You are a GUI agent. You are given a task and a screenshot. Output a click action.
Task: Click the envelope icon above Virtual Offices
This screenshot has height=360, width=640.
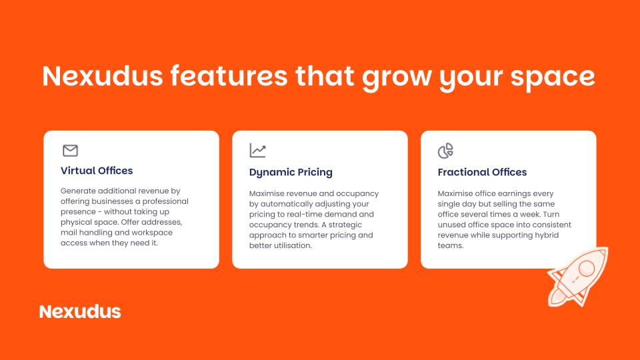[x=70, y=151]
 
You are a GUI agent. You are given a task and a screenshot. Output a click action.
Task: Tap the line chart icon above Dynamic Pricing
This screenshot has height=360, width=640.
[x=257, y=151]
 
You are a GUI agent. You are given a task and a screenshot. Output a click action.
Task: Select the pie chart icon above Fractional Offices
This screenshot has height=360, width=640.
[x=445, y=151]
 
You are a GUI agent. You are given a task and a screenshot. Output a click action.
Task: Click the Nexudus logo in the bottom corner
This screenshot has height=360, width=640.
[x=80, y=312]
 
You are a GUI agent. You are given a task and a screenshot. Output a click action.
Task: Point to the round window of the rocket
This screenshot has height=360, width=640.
[x=587, y=268]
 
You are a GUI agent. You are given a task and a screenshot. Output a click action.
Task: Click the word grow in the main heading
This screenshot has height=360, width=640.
[x=396, y=77]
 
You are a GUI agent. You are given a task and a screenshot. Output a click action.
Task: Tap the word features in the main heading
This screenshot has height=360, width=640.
[x=229, y=75]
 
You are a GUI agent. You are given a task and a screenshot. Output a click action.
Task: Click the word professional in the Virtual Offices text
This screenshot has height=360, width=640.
[x=165, y=201]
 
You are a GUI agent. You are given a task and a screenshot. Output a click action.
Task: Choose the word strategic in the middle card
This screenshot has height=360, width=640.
[x=345, y=225]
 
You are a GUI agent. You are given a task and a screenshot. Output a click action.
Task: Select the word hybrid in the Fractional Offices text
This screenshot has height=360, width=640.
[x=547, y=235]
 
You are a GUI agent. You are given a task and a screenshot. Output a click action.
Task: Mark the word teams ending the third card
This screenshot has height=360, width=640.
[x=450, y=246]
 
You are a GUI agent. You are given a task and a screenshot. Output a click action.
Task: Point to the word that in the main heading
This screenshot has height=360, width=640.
[x=325, y=75]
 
